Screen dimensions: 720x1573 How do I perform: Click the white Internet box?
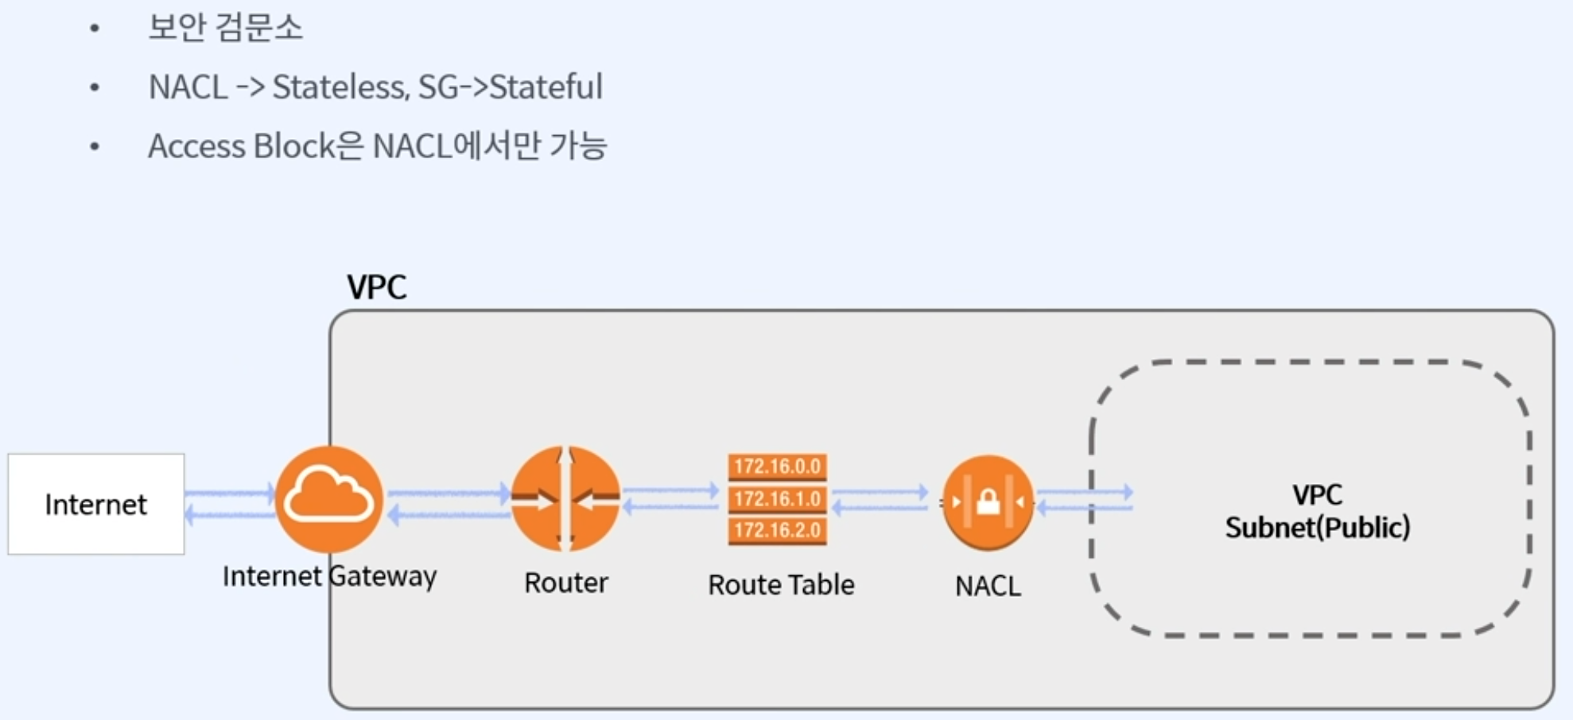coord(95,504)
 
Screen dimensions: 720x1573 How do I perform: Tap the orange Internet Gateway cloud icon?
coord(329,499)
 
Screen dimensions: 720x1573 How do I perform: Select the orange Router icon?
coord(565,499)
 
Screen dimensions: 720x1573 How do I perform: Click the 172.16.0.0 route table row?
coord(777,466)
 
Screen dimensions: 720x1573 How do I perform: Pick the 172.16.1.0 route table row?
coord(777,499)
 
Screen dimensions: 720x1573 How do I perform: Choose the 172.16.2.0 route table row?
coord(777,531)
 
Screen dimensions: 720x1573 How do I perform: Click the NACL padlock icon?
coord(988,502)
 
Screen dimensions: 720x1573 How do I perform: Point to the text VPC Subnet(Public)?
coord(1317,511)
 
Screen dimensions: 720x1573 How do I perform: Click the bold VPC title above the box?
coord(376,287)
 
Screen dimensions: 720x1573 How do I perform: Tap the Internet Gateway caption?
coord(329,576)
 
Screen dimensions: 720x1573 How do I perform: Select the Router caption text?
coord(565,583)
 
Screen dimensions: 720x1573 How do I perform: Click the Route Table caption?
coord(781,585)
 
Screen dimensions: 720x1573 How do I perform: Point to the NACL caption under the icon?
coord(988,586)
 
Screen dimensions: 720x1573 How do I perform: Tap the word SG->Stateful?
coord(510,87)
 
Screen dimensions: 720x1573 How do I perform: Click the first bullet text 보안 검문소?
coord(225,28)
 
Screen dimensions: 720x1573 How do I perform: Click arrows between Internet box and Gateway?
coord(230,504)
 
